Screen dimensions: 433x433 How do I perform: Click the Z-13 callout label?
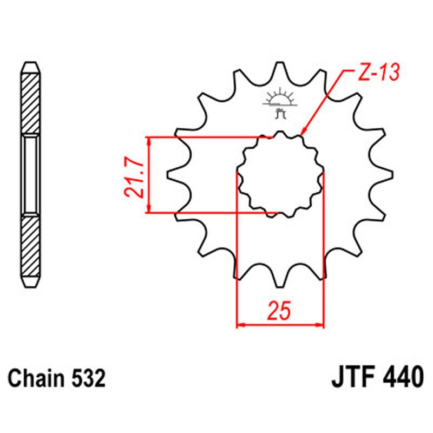378,73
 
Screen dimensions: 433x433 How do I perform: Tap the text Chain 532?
56,378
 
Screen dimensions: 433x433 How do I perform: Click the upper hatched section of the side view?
30,103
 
